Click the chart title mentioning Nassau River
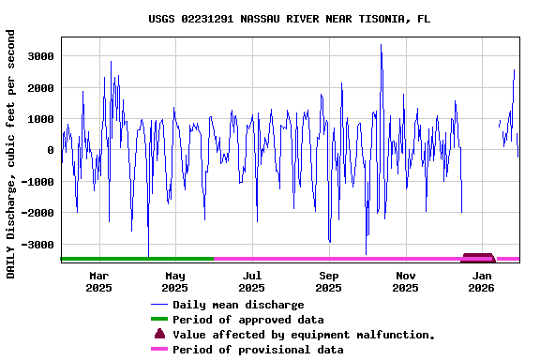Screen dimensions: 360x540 point(290,19)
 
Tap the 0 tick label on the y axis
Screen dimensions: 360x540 point(50,150)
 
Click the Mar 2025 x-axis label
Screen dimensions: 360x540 point(98,281)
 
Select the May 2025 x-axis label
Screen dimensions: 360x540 point(175,281)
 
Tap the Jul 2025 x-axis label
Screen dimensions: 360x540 point(251,281)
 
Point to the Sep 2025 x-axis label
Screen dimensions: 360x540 point(328,281)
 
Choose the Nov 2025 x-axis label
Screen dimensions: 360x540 point(405,281)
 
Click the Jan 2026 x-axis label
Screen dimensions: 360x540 point(481,281)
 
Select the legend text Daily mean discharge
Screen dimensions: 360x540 point(238,305)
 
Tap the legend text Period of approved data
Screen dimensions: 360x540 point(247,320)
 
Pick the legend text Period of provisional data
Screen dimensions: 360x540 point(258,350)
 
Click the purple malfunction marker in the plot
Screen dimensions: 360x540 point(478,257)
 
